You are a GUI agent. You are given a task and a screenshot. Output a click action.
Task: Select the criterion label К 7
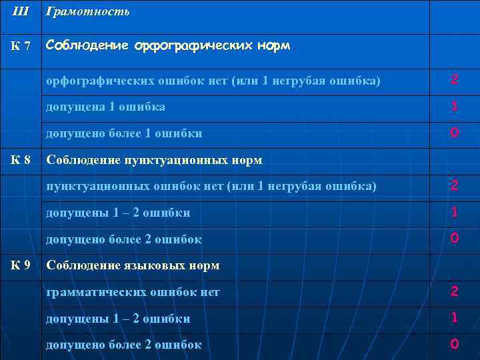pos(20,47)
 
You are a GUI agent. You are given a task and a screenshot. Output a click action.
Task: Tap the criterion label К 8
pos(21,159)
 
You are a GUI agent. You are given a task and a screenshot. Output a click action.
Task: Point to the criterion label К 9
pos(21,265)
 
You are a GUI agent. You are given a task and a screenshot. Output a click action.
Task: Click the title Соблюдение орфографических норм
pos(168,46)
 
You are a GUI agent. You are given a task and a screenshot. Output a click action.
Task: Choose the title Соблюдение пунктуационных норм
pos(154,160)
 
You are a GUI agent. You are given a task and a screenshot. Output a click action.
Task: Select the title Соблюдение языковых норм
pos(133,265)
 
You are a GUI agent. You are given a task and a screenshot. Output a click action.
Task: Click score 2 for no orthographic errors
pos(454,80)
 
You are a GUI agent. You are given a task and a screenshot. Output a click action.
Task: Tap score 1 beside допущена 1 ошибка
pos(454,107)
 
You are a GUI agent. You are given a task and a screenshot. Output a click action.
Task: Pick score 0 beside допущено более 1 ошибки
pos(454,133)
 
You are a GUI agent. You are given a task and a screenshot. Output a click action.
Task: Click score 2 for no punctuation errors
pos(454,185)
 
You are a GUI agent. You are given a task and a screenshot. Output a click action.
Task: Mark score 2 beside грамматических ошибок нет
pos(454,291)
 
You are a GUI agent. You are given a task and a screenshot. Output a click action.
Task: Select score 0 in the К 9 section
pos(454,344)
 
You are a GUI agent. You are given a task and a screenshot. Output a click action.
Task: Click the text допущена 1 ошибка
pos(105,107)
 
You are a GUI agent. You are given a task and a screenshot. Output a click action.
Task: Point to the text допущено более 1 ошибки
pos(124,133)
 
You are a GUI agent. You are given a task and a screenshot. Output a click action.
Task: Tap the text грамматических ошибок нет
pos(133,292)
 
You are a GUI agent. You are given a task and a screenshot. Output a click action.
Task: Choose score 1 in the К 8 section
pos(454,212)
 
